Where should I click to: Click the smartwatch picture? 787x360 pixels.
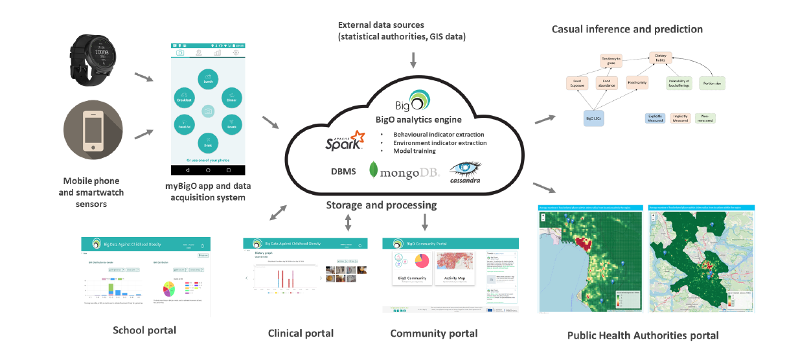tap(95, 60)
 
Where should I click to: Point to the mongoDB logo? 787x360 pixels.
tap(404, 171)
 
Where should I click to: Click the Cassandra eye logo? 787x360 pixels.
tap(467, 172)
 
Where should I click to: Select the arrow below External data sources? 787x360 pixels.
tap(413, 61)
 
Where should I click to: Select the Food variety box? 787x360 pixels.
tap(637, 84)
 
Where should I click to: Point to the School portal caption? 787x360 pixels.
tap(144, 330)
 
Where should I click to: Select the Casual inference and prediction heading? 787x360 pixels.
tap(627, 28)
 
